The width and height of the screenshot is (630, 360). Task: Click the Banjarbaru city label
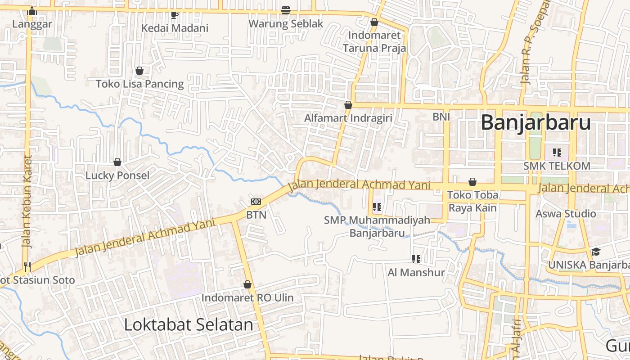535,122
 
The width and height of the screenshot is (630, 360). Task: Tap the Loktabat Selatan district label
188,324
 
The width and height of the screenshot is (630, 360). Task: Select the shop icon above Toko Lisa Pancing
139,71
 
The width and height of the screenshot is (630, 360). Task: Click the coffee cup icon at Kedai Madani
175,15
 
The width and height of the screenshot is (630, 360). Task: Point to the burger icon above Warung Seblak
285,10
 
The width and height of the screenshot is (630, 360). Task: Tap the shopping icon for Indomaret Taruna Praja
374,22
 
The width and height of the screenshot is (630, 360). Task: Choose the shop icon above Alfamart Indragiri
348,105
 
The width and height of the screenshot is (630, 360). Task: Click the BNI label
441,117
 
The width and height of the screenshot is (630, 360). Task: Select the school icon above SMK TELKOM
557,153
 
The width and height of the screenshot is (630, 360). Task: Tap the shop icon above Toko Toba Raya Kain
472,182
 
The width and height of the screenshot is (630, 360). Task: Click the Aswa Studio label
566,213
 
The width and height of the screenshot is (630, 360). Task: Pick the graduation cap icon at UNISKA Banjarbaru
596,252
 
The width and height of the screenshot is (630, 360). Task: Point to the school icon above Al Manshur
416,259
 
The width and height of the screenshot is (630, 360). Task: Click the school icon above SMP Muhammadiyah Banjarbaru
377,207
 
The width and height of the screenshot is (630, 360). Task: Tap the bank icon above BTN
256,202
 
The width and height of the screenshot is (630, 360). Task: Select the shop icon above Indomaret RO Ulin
247,284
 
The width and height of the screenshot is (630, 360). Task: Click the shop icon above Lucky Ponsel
117,162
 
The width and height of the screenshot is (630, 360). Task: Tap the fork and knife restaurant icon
27,266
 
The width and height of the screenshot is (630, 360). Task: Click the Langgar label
32,24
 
